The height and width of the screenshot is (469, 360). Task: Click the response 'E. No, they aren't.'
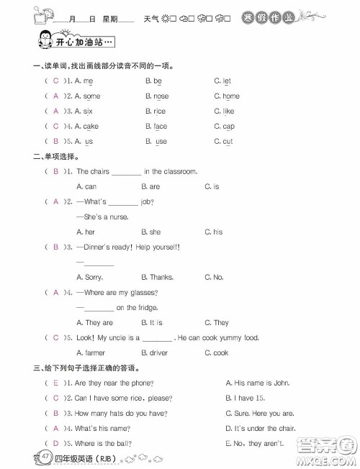click(254, 443)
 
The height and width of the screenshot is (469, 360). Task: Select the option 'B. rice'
click(155, 111)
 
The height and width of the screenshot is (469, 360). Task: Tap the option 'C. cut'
click(223, 142)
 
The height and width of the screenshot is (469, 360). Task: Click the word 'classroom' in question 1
click(179, 171)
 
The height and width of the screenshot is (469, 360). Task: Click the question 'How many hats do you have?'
click(120, 413)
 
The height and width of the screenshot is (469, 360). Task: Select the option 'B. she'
click(151, 232)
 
